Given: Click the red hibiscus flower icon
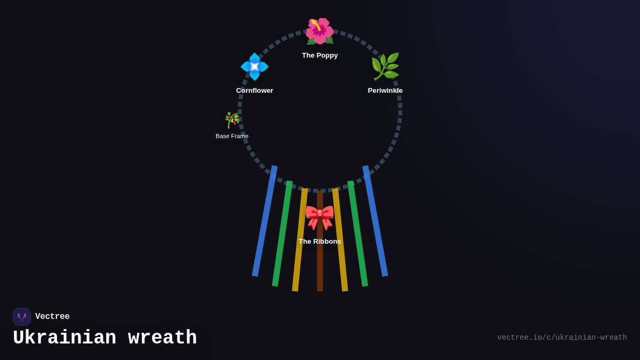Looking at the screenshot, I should (319, 31).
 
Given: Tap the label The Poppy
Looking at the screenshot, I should (319, 55).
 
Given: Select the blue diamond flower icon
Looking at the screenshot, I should (254, 67).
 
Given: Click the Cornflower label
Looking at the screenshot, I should (254, 91).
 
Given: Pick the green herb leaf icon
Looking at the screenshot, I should (385, 67).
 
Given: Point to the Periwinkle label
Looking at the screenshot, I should (385, 91).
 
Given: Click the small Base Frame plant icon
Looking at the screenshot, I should (232, 120).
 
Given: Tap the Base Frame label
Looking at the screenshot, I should (232, 137).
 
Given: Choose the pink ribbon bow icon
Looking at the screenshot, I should (319, 217).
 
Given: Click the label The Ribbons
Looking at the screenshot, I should (319, 242).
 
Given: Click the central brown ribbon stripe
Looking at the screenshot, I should (320, 267).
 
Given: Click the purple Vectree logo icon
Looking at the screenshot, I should (22, 317).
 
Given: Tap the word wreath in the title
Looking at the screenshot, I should (162, 338).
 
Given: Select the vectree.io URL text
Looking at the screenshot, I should (562, 338).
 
